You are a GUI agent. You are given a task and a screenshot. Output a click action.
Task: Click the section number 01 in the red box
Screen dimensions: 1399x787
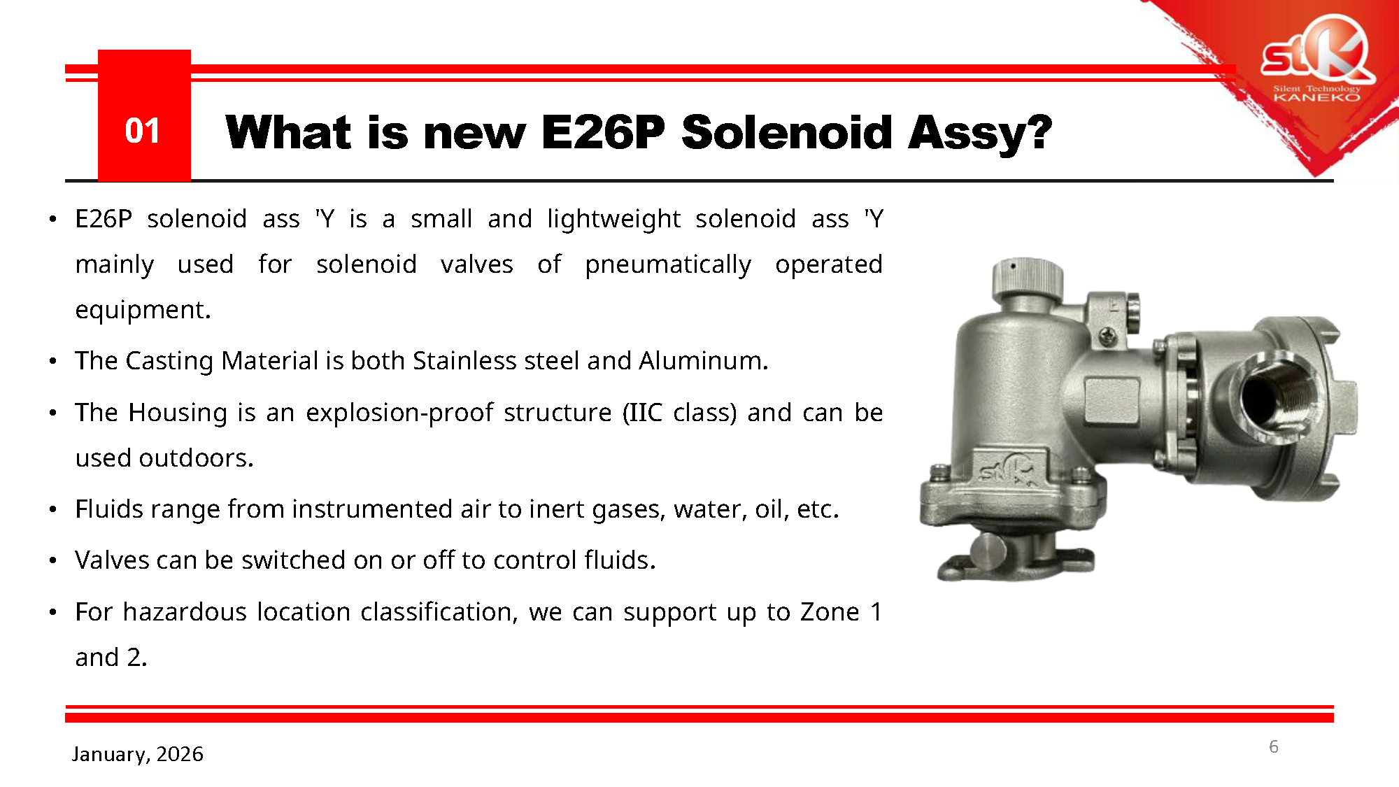(143, 131)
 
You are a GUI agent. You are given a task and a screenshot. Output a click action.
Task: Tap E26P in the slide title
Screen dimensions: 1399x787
(603, 132)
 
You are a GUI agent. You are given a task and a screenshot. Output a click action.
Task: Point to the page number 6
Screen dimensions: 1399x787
(1274, 746)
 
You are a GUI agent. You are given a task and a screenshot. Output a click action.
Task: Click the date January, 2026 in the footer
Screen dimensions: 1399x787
(138, 754)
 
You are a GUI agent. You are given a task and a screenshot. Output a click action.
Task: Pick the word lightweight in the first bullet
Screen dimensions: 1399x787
(613, 219)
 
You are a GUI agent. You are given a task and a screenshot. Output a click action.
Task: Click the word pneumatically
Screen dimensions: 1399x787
(668, 264)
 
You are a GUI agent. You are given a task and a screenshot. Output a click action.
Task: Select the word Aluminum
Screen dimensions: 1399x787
(704, 360)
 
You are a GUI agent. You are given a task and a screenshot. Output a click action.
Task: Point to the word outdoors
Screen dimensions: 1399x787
(196, 458)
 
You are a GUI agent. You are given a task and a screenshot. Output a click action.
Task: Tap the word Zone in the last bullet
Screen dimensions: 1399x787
(830, 611)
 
